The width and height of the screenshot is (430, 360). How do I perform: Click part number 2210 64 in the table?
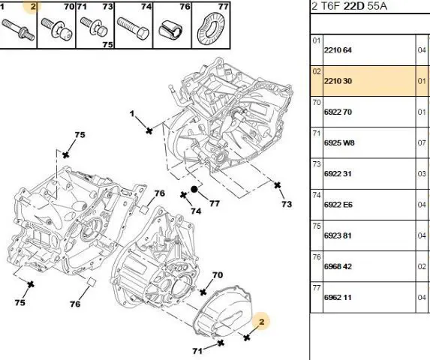point(338,50)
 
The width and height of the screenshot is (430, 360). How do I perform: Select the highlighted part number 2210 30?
point(338,81)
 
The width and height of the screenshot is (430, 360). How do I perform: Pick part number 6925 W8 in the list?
point(339,143)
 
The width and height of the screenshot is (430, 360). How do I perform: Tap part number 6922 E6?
point(338,205)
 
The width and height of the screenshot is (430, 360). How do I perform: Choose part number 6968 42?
point(338,266)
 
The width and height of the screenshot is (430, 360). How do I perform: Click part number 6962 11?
point(338,298)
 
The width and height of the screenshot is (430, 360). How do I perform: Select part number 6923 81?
point(338,236)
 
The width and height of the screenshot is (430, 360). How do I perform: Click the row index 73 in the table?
point(317,164)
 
